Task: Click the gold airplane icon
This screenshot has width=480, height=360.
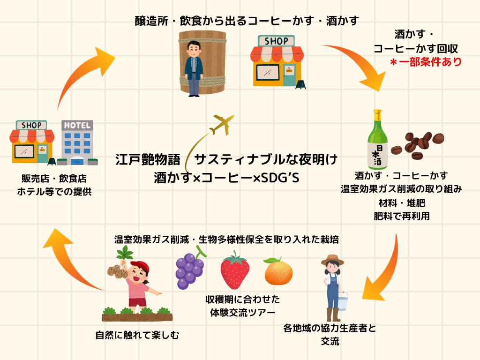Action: coord(222,124)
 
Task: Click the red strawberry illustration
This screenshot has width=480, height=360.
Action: coord(234,270)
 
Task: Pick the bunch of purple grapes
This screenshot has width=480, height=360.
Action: coord(190,270)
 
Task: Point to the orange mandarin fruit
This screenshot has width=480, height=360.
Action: coord(278,271)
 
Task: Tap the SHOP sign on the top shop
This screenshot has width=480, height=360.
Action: coord(276,41)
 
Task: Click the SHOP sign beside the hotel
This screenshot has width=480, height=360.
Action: coord(31,125)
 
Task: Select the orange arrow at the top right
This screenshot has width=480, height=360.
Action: coord(356,66)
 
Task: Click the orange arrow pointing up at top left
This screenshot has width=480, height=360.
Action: coord(84,75)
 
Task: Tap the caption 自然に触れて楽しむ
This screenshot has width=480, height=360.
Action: coord(137,335)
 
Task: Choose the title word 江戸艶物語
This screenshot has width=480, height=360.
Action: coord(148,160)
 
